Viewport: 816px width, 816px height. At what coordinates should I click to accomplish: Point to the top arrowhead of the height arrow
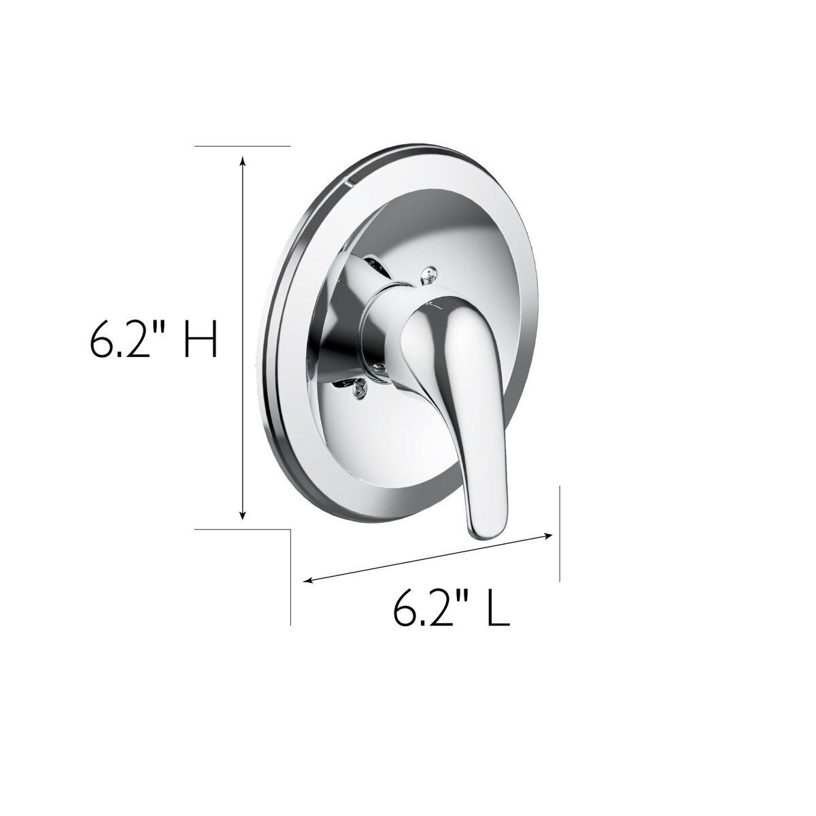click(242, 160)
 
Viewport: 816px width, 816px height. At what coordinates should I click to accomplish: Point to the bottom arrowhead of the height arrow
click(242, 515)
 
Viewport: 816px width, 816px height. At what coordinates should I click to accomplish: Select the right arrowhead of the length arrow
click(547, 536)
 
